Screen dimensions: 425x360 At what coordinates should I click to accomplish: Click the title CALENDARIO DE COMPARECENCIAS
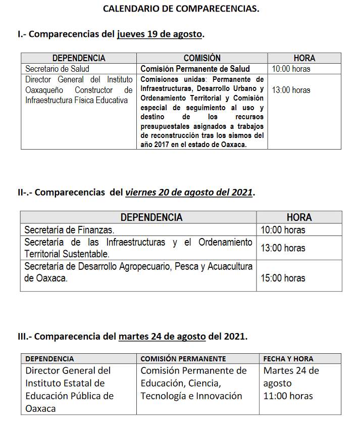coord(181,9)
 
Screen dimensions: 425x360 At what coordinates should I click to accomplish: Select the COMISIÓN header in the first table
coord(202,58)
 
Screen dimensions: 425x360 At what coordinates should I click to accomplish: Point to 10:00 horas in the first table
coord(291,69)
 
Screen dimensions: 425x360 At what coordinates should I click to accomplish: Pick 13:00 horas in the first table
coord(291,90)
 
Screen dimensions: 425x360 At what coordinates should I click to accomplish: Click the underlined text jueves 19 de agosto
coord(160,34)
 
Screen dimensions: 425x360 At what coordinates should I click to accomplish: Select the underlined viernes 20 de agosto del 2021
coord(189,192)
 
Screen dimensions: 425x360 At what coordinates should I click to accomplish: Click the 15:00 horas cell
coord(283,278)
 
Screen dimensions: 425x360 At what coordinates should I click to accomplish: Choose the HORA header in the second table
coord(299,217)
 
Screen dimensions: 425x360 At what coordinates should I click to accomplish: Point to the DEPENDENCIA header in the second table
coord(151,217)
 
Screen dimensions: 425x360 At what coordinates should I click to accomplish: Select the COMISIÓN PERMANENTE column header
coord(183,359)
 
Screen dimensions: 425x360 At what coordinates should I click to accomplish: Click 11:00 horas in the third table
coord(288,396)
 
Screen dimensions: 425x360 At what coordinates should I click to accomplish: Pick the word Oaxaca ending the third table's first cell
coord(40,408)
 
